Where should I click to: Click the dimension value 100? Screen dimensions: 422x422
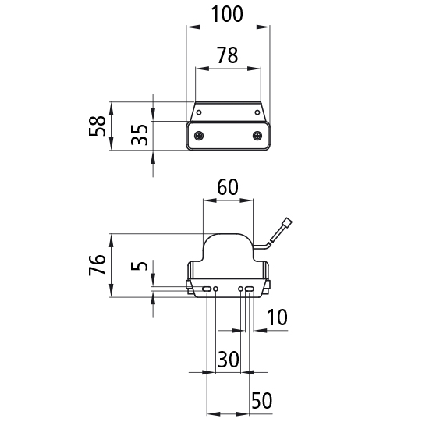(x=228, y=14)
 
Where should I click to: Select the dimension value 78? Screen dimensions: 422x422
(x=228, y=55)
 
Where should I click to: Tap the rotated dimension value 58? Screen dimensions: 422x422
(x=98, y=126)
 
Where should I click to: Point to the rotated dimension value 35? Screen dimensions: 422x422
(x=140, y=135)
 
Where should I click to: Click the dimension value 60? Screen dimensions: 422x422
(x=228, y=187)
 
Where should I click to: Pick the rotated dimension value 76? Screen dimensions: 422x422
(x=98, y=264)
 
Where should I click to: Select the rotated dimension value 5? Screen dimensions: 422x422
(x=140, y=266)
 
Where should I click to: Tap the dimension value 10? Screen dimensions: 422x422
(x=277, y=317)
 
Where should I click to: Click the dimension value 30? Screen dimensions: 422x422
(x=229, y=359)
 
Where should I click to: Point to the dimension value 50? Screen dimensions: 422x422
(x=261, y=401)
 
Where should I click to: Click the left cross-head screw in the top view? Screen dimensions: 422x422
(x=199, y=135)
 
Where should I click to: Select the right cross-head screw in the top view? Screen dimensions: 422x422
(x=257, y=135)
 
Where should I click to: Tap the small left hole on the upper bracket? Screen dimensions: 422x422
(x=199, y=112)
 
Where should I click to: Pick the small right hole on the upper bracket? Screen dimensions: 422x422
(x=257, y=112)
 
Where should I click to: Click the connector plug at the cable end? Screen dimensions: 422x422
(x=287, y=223)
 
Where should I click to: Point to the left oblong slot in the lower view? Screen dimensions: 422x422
(x=207, y=289)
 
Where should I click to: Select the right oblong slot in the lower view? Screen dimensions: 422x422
(x=250, y=289)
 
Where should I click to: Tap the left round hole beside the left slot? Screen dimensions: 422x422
(x=215, y=289)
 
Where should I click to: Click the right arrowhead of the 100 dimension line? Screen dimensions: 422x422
(x=263, y=27)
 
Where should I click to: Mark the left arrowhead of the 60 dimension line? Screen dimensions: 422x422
(x=210, y=200)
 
